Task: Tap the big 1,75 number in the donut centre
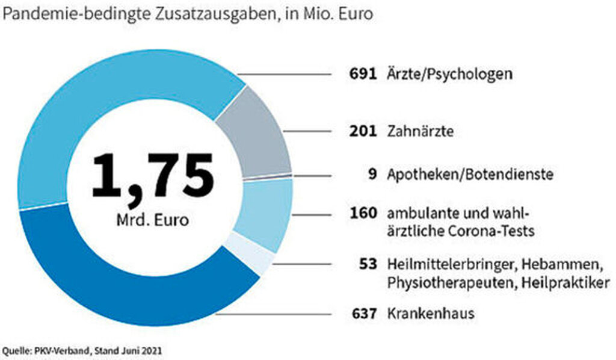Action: [x=153, y=176]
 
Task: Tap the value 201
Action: [x=363, y=131]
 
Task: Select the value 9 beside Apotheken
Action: [x=372, y=176]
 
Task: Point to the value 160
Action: [x=363, y=213]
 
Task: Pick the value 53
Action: [x=367, y=264]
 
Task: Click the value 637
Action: [x=363, y=314]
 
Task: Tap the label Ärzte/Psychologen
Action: [x=450, y=75]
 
